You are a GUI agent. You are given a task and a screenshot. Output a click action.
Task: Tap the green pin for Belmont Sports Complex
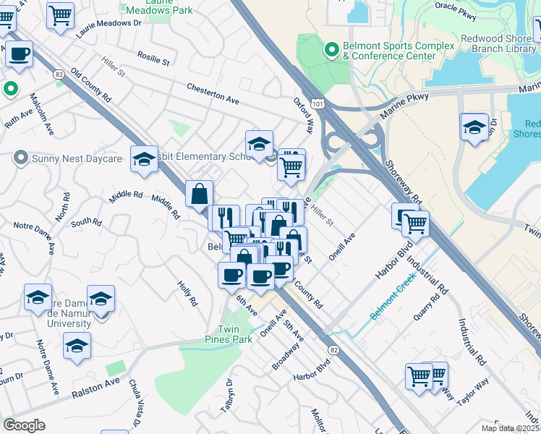(x=332, y=50)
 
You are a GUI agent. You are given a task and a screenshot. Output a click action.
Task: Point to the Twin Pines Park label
(x=239, y=334)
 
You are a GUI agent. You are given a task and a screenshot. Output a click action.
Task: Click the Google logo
(x=24, y=425)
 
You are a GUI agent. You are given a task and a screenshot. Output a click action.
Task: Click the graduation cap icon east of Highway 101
(x=474, y=126)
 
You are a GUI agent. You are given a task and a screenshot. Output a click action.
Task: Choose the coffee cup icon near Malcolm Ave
(x=20, y=53)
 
